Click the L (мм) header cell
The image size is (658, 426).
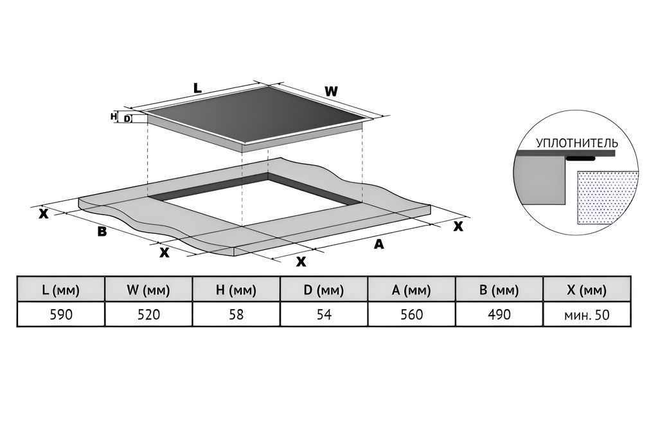[x=60, y=290]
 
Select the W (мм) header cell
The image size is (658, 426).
[x=148, y=290]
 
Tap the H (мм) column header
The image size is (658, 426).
[x=236, y=290]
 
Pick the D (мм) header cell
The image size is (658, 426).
[x=324, y=290]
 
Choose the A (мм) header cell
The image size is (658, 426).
[x=411, y=290]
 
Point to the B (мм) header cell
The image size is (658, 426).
[x=499, y=290]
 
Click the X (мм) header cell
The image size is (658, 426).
[x=587, y=290]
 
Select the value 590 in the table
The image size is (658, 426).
[x=60, y=315]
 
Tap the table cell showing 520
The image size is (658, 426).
[x=148, y=315]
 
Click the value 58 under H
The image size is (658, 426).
[x=236, y=315]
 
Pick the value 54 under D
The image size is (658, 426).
[x=324, y=315]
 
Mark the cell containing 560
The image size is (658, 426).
[x=411, y=315]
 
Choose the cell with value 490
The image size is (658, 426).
[x=499, y=315]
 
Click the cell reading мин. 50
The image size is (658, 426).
[x=587, y=315]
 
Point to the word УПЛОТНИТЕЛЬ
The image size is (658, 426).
[x=577, y=143]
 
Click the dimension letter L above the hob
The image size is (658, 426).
[x=198, y=89]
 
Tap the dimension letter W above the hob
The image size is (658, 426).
[x=330, y=92]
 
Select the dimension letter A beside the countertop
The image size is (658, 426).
[x=379, y=244]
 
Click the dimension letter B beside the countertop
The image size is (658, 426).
[x=102, y=231]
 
